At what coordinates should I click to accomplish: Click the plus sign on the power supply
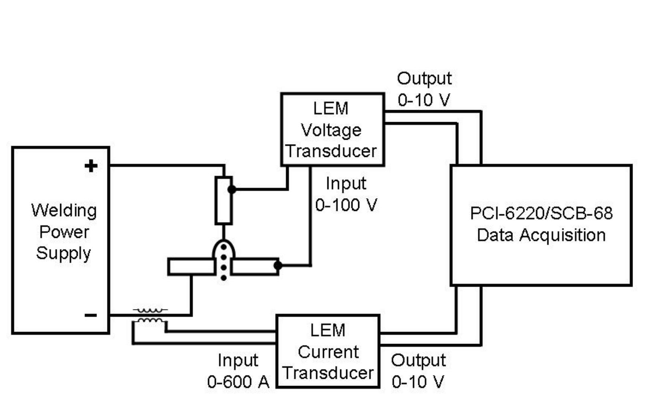[91, 165]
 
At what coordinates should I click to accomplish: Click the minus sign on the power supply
[91, 316]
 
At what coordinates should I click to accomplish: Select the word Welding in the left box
[64, 211]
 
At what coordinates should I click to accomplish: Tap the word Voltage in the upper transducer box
[331, 130]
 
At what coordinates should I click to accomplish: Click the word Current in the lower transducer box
[328, 352]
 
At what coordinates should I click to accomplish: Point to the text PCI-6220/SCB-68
[541, 213]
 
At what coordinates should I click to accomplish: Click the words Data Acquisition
[541, 235]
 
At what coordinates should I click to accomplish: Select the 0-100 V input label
[346, 205]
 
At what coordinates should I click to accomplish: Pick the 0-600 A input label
[238, 382]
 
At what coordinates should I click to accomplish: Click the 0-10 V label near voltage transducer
[424, 100]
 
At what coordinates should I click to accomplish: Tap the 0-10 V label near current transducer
[418, 382]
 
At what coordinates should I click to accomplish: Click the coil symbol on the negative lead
[150, 315]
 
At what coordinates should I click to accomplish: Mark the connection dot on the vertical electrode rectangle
[232, 189]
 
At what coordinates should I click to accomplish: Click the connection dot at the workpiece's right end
[278, 265]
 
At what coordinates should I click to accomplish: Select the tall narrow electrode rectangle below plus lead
[224, 200]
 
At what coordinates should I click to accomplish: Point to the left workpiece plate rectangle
[191, 267]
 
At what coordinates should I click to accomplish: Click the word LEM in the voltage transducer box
[331, 109]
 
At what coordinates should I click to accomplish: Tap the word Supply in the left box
[63, 253]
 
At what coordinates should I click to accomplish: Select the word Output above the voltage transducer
[424, 78]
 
